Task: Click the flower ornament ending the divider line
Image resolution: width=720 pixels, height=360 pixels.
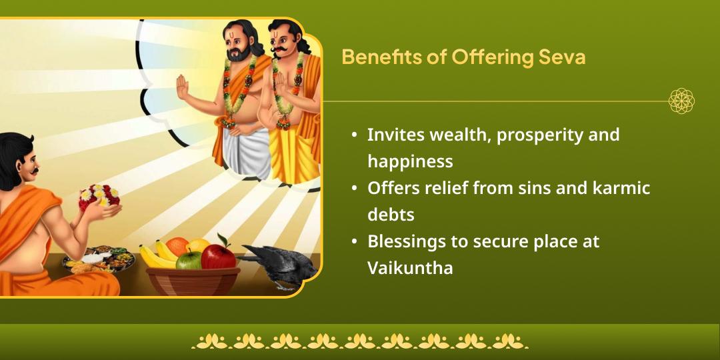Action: tap(681, 101)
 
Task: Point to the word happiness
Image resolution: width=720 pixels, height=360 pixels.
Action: tap(410, 161)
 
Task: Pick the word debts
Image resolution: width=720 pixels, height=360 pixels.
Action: tap(391, 215)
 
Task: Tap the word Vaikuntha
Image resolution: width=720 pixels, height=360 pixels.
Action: tap(410, 268)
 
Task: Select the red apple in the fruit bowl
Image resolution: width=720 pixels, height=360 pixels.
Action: tap(219, 255)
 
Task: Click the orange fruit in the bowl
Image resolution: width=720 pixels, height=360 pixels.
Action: tap(177, 246)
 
